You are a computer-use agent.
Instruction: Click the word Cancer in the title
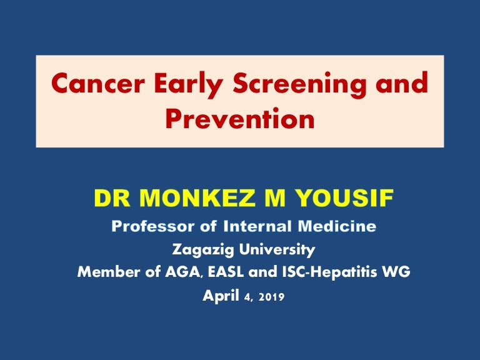[x=98, y=83]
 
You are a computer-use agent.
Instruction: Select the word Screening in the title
[x=299, y=85]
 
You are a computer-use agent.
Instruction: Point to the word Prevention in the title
[x=240, y=118]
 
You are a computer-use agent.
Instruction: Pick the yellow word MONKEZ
[x=197, y=198]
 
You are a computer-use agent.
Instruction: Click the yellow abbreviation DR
[x=112, y=198]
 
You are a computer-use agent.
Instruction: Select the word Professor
[x=153, y=226]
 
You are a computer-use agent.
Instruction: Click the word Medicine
[x=337, y=226]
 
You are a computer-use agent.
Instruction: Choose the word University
[x=277, y=249]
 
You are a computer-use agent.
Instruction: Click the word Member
[x=109, y=272]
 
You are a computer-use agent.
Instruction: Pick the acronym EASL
[x=226, y=272]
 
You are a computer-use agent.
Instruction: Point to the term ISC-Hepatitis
[x=329, y=272]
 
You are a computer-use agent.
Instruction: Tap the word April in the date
[x=221, y=296]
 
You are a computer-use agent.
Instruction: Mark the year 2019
[x=271, y=297]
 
